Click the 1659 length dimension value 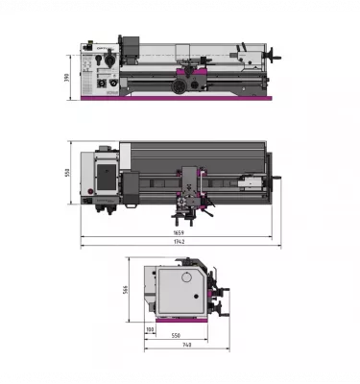point(179,234)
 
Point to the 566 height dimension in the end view point(126,291)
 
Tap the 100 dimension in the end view point(150,329)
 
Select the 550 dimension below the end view point(177,336)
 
